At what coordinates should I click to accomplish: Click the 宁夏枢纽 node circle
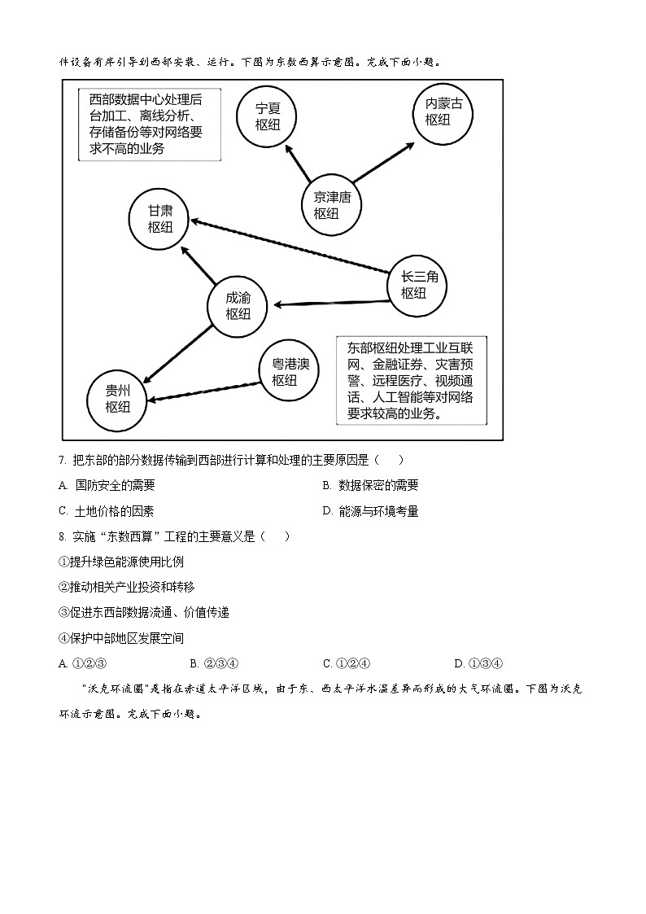coord(268,116)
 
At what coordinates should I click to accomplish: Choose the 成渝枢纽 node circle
coord(238,306)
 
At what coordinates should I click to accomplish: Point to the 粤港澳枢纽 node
coord(290,372)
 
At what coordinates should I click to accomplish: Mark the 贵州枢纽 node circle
coord(117,398)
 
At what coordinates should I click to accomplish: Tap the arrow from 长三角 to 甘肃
coord(290,246)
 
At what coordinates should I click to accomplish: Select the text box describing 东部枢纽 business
coord(411,378)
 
